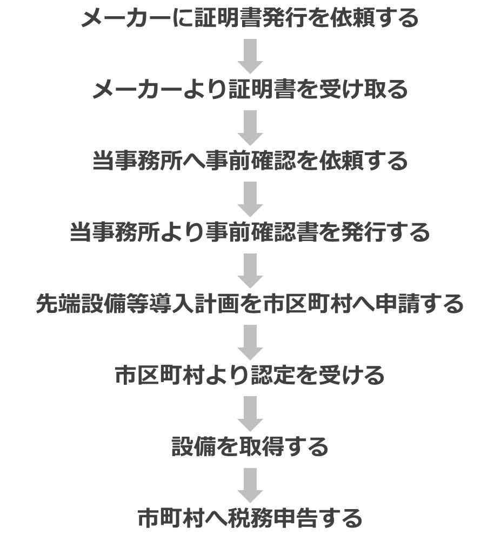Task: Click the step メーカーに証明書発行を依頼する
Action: tap(250, 18)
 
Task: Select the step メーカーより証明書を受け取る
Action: tap(250, 89)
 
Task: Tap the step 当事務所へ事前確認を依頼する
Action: tap(250, 161)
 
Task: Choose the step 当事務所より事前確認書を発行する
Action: tap(250, 232)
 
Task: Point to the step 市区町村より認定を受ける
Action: tap(250, 375)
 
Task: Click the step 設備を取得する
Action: tap(250, 446)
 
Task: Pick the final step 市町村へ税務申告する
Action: tap(250, 518)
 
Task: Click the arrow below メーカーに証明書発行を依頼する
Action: tap(250, 56)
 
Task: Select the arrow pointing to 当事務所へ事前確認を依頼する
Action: tap(250, 128)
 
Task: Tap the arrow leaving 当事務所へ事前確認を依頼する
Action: tap(250, 199)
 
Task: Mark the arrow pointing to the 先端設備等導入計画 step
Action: tap(250, 271)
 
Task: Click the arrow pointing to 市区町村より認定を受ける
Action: tap(250, 342)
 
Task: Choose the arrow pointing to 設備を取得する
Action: tap(250, 413)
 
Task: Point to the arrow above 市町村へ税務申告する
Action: tap(250, 485)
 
